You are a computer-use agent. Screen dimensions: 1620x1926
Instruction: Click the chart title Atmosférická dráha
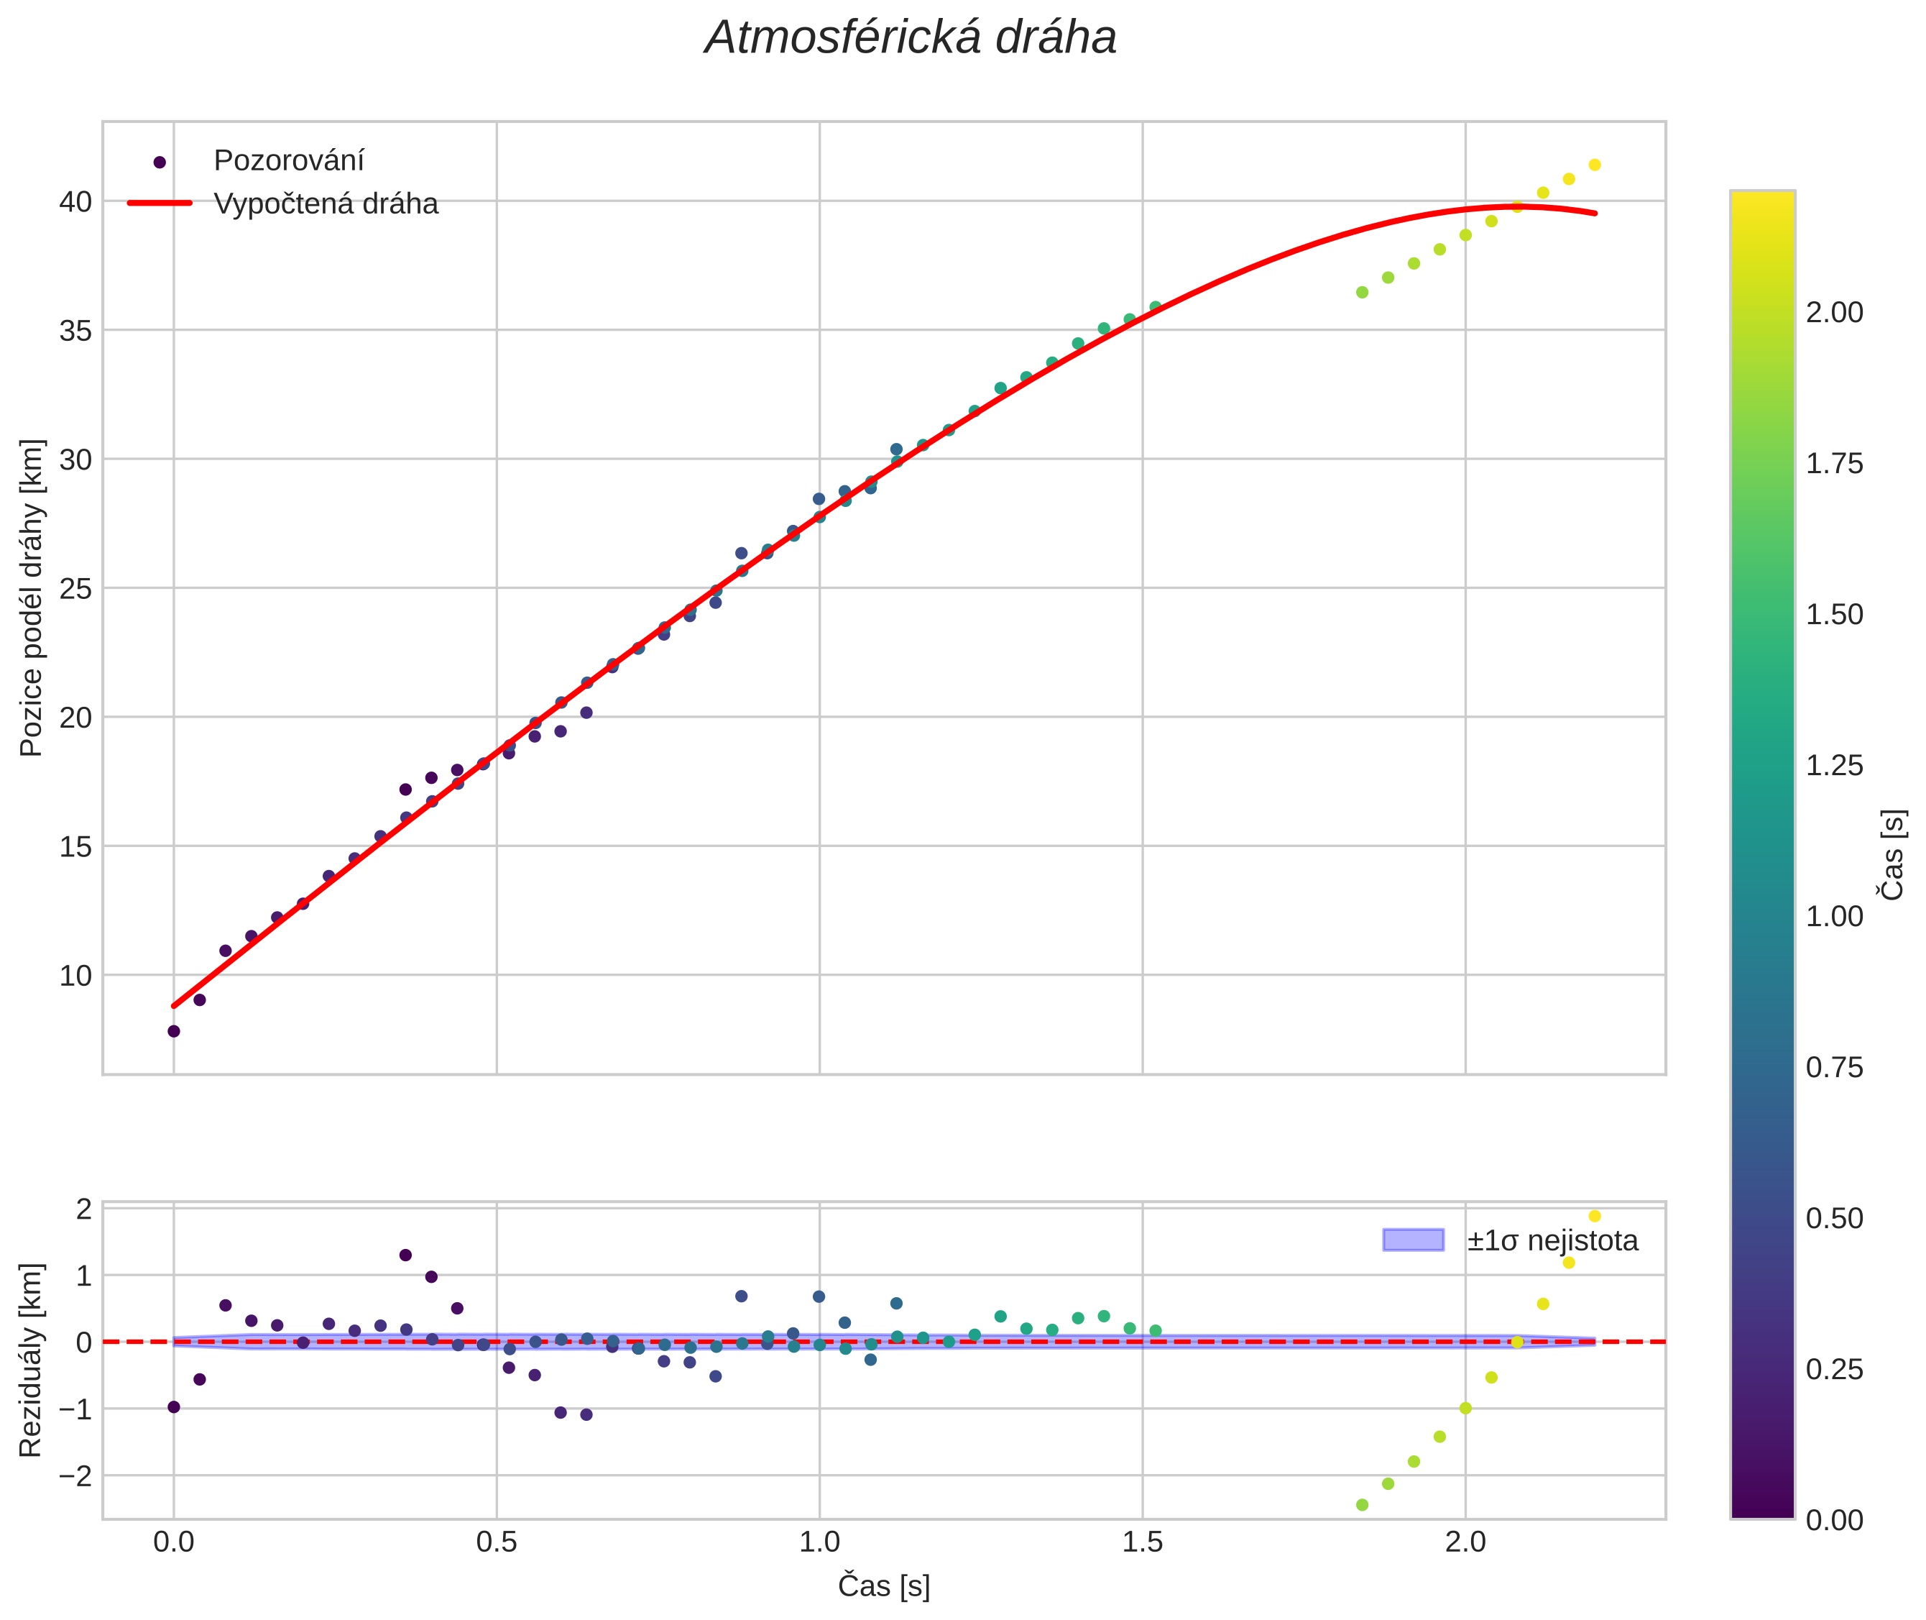pyautogui.click(x=910, y=39)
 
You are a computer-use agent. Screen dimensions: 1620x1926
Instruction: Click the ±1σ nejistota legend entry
pyautogui.click(x=1552, y=1241)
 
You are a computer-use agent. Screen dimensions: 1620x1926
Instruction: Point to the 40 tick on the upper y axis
pyautogui.click(x=75, y=201)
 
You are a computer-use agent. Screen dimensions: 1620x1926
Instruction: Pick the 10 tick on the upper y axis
pyautogui.click(x=75, y=975)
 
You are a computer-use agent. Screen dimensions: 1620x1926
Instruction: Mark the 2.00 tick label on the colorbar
pyautogui.click(x=1834, y=312)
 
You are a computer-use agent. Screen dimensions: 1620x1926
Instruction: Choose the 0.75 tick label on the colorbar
pyautogui.click(x=1834, y=1067)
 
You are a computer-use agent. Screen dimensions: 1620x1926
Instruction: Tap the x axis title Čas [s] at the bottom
pyautogui.click(x=883, y=1586)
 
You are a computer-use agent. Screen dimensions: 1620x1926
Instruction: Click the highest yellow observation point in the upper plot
pyautogui.click(x=1595, y=165)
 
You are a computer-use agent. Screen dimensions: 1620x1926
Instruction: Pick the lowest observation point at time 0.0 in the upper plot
pyautogui.click(x=173, y=1031)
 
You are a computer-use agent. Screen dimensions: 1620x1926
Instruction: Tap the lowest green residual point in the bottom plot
pyautogui.click(x=1363, y=1505)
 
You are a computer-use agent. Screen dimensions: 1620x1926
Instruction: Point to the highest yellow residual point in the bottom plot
pyautogui.click(x=1595, y=1216)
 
